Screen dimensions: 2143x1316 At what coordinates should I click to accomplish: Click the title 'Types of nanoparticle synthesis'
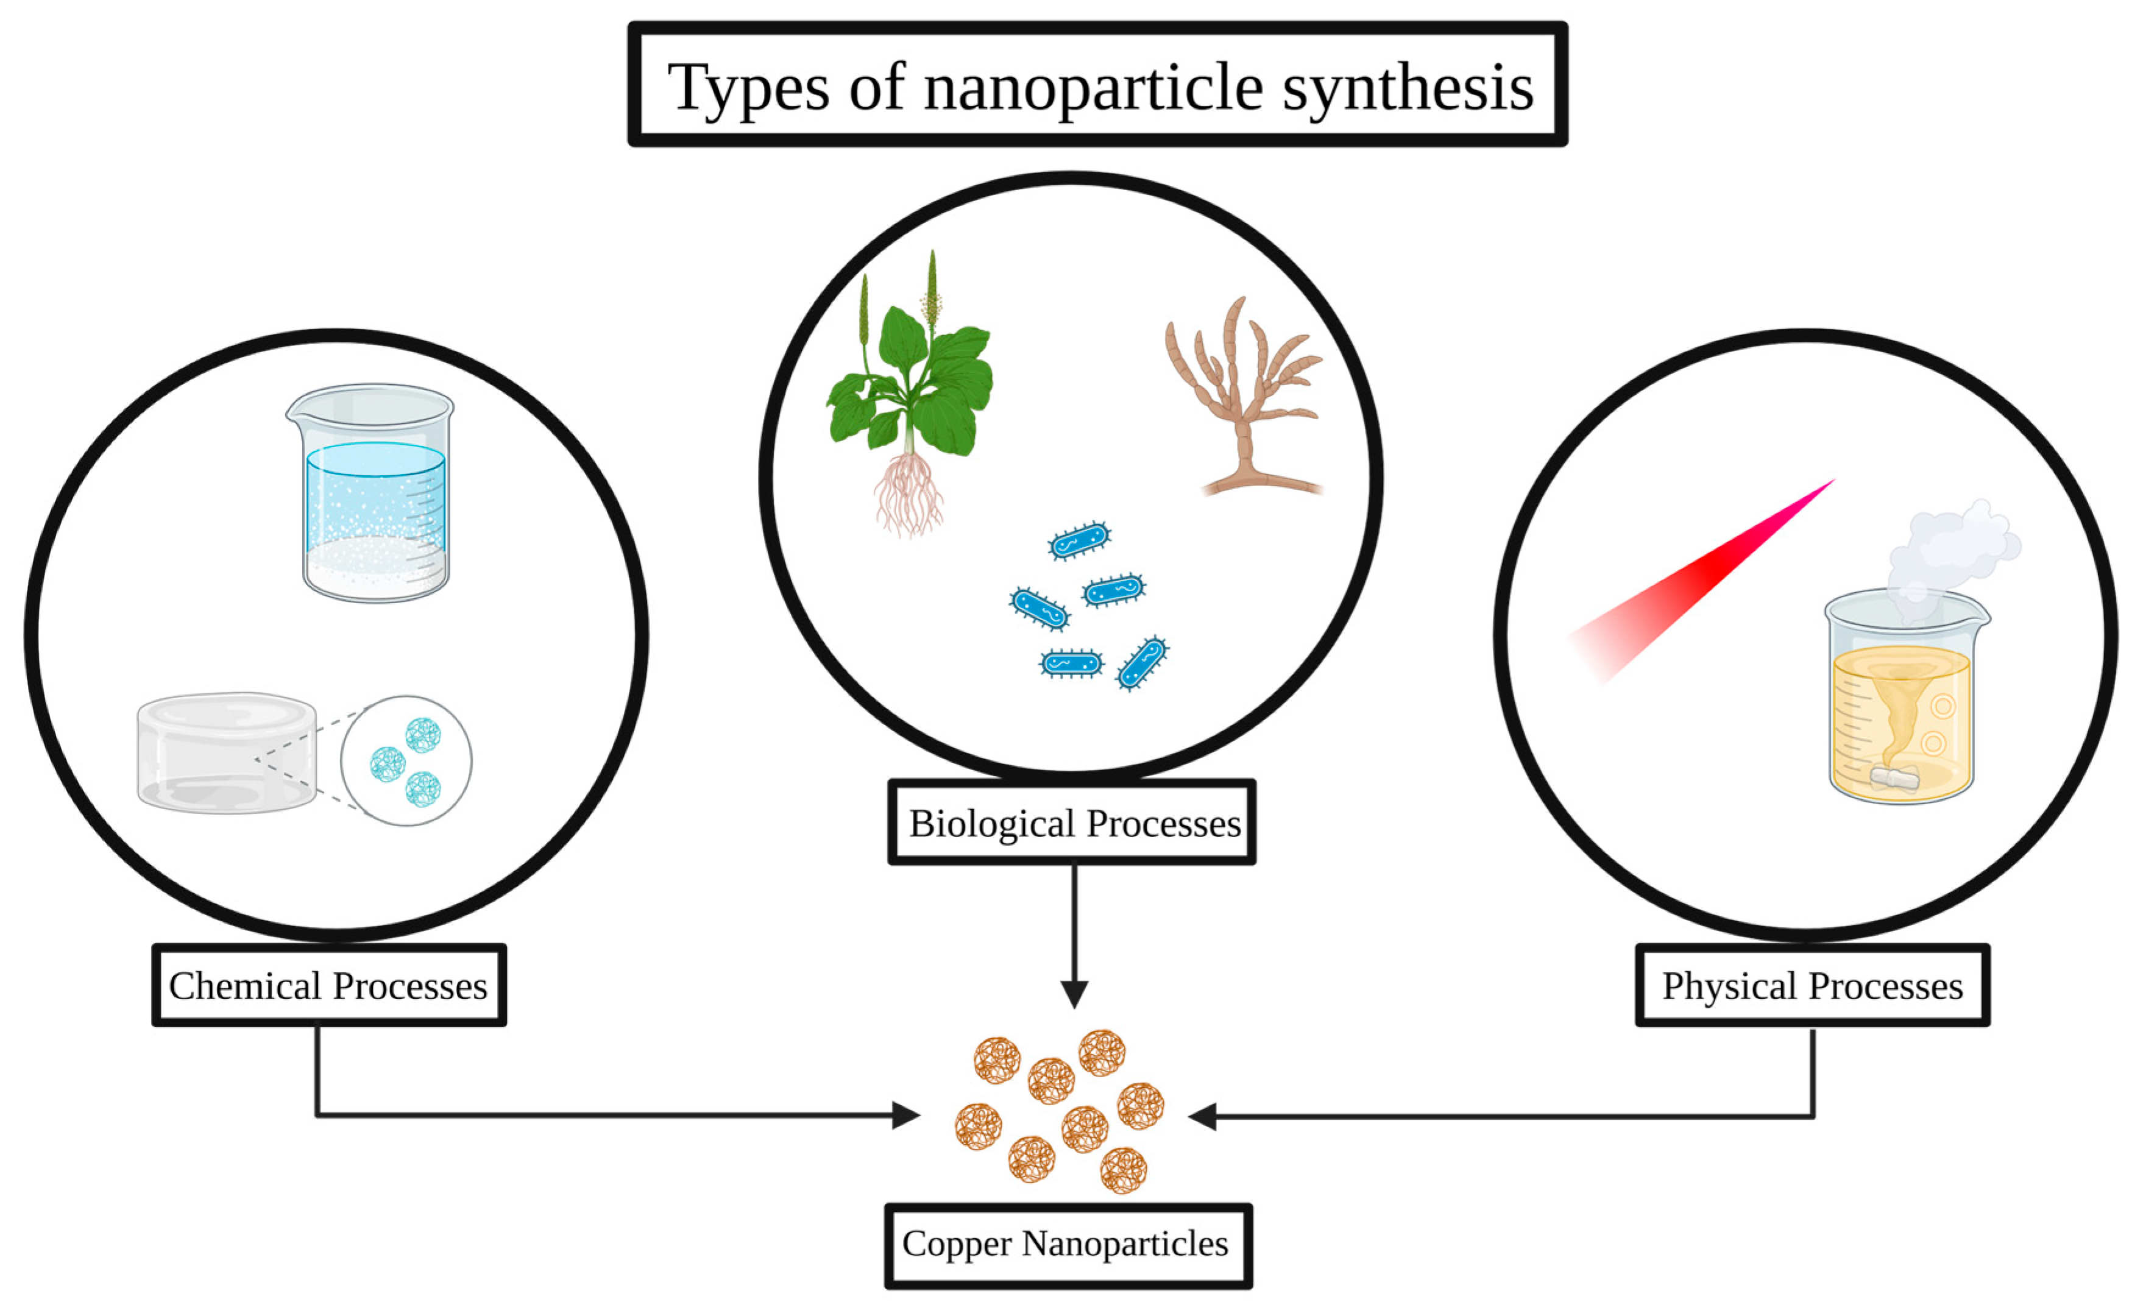click(x=1099, y=87)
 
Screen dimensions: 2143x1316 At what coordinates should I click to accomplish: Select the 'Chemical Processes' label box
click(x=329, y=986)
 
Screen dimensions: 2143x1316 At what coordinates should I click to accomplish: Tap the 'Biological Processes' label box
click(x=1073, y=823)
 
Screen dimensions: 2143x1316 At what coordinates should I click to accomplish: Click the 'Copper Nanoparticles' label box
click(x=1068, y=1245)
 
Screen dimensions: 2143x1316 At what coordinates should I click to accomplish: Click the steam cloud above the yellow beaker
click(x=1954, y=557)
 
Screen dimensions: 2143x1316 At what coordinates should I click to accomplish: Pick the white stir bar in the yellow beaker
click(x=1896, y=777)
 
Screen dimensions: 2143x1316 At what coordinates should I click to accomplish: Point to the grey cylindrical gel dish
click(x=226, y=754)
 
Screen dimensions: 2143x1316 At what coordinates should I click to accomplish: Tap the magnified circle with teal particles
click(x=406, y=761)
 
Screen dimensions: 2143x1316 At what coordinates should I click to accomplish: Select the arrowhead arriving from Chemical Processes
click(x=907, y=1115)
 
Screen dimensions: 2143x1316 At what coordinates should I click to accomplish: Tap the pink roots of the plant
click(x=909, y=492)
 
